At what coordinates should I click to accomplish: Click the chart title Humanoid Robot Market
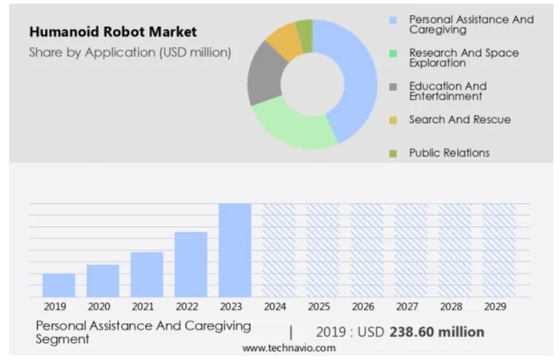coord(113,32)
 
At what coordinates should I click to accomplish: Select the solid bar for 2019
coord(59,285)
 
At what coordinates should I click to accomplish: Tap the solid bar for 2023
coord(235,250)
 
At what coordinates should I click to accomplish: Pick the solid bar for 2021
coord(147,274)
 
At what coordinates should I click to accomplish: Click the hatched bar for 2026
coord(366,250)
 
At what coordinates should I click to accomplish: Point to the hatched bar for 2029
coord(499,250)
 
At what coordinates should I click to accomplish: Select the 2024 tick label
coord(275,306)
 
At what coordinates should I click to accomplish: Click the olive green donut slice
coord(304,28)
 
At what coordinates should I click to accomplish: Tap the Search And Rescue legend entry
coord(459,119)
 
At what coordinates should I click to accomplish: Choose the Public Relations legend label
coord(449,153)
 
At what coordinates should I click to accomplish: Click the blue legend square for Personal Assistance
coord(393,20)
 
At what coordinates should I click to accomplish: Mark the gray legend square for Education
coord(393,87)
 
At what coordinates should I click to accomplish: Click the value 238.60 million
coord(436,332)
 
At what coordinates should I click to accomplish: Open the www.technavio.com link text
coord(289,348)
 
